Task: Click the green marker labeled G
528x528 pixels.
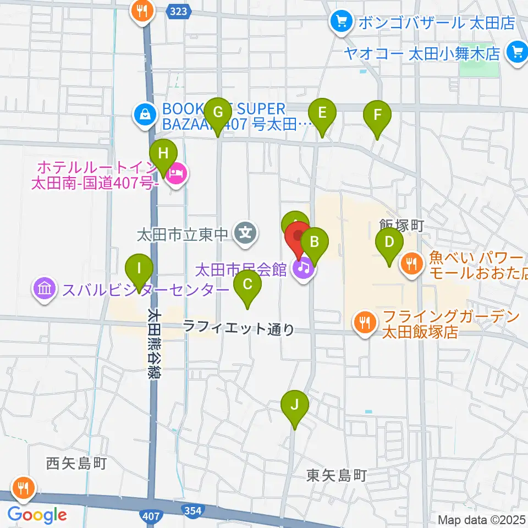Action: coord(218,113)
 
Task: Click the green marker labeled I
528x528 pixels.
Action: coord(139,268)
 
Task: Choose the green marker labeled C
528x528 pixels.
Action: coord(247,285)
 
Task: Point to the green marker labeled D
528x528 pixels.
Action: coord(389,243)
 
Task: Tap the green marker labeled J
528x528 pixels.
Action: coord(294,406)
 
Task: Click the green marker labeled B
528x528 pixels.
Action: coord(315,242)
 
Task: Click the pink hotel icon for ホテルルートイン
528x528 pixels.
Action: coord(177,175)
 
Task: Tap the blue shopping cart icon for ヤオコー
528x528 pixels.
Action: coord(516,52)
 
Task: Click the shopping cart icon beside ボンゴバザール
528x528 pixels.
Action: coord(341,22)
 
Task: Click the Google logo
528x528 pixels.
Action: coord(37,515)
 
